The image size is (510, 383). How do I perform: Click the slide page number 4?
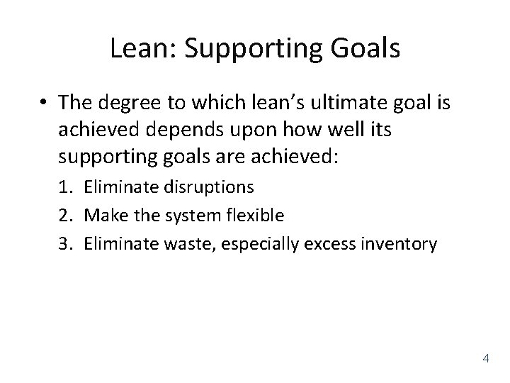pyautogui.click(x=485, y=357)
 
